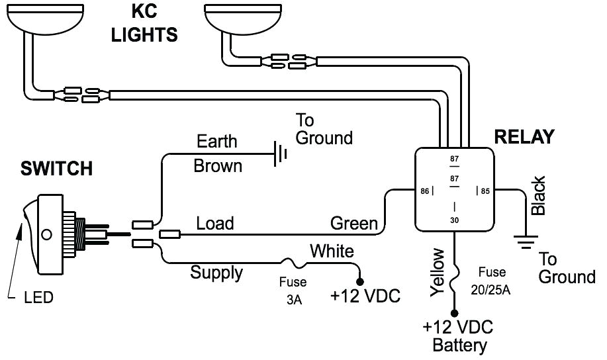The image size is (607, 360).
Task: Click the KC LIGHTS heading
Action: point(144,24)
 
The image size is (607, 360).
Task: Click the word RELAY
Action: point(524,137)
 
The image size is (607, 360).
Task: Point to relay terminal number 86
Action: point(424,192)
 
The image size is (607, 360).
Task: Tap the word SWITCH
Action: point(56,169)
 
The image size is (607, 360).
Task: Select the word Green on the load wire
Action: point(354,223)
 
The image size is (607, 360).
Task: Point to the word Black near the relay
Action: point(539,195)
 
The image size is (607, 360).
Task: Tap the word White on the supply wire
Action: point(332,251)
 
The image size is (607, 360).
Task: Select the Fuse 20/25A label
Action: point(493,280)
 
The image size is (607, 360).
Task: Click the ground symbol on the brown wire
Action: point(281,155)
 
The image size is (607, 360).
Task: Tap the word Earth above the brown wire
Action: point(216,142)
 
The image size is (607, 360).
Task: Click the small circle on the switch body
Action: point(46,234)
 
